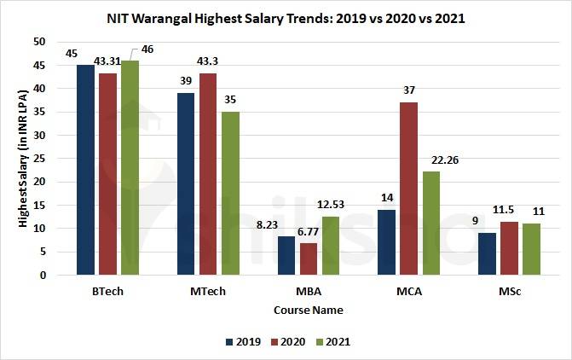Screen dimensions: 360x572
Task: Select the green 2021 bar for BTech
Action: click(129, 168)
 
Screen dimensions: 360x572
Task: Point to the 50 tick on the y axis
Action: click(39, 42)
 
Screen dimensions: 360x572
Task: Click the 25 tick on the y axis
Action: click(39, 159)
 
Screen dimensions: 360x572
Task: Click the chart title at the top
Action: click(286, 17)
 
